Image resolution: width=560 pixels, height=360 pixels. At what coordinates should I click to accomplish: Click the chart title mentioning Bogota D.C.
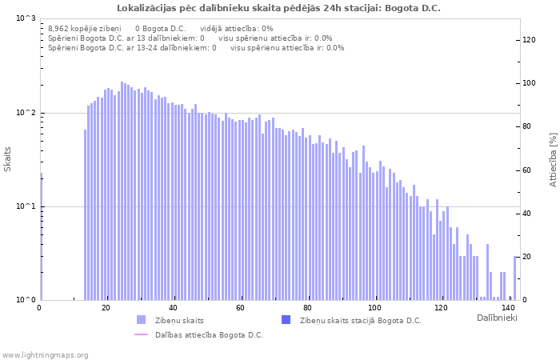point(278,8)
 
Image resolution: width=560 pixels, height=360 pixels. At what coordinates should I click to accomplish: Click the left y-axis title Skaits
point(8,159)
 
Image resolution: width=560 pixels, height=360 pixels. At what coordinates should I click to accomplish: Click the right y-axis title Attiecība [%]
point(553,159)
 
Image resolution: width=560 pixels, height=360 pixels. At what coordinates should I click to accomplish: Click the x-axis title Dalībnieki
point(497,318)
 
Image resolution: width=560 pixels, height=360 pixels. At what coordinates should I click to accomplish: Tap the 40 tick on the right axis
point(527,214)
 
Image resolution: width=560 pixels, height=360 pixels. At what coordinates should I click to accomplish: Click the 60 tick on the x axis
point(241,307)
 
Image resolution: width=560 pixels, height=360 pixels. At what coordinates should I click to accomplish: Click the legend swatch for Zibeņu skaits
point(142,320)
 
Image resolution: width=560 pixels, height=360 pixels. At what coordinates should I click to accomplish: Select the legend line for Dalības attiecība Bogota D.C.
point(142,334)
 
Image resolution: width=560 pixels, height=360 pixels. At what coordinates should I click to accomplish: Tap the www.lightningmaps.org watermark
point(45,354)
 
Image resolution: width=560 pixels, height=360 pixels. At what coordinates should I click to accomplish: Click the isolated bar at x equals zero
point(41,240)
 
